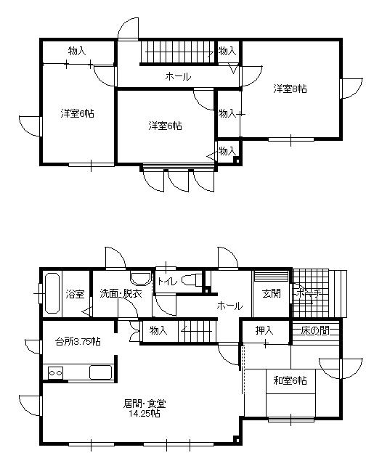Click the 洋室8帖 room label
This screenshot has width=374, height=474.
(x=290, y=89)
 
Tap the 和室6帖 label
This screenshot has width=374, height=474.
(x=290, y=380)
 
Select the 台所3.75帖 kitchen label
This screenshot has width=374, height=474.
(x=78, y=341)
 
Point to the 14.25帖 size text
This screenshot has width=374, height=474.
(x=139, y=414)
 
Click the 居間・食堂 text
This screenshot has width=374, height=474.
(x=139, y=404)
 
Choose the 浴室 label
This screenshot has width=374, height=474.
(x=75, y=294)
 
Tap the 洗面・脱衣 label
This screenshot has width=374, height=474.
(x=116, y=294)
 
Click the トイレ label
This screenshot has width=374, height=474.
(x=168, y=280)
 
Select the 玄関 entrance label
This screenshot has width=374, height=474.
(x=272, y=294)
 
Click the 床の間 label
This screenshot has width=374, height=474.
(x=316, y=331)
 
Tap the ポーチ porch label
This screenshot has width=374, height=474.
(x=308, y=294)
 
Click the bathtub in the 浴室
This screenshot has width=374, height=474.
(x=52, y=294)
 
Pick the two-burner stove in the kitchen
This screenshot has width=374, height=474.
(x=56, y=372)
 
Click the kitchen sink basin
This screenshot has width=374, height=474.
(x=99, y=372)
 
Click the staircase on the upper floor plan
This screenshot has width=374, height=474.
(x=177, y=52)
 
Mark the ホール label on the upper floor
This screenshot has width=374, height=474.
(x=178, y=76)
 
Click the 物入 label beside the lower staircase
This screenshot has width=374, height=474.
(x=159, y=331)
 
